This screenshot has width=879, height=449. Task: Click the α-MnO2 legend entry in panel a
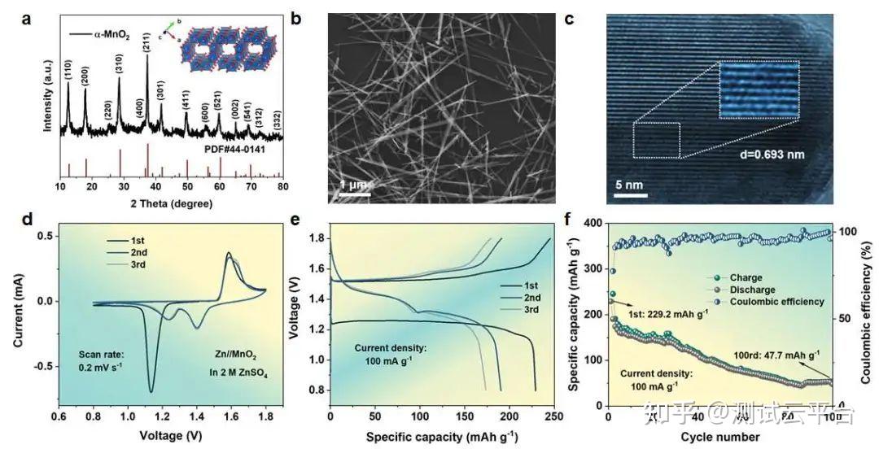click(x=105, y=33)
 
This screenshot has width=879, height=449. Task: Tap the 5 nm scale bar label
click(x=626, y=184)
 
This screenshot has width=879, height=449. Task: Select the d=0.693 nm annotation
click(x=762, y=152)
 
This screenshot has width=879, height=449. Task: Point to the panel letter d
click(x=28, y=220)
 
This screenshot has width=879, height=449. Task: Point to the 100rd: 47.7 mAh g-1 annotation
click(x=776, y=355)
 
